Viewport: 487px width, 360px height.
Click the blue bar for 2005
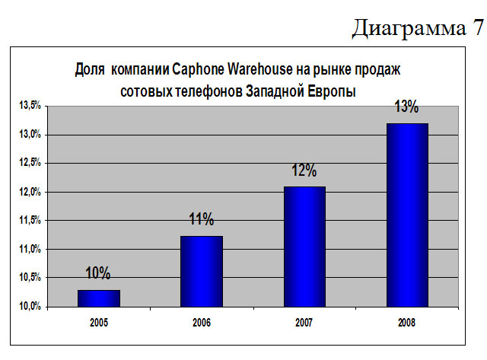point(98,298)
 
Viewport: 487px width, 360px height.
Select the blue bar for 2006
point(202,271)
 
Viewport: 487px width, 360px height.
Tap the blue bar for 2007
point(304,246)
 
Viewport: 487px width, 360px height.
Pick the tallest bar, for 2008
point(407,215)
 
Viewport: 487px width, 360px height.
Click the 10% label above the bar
point(98,273)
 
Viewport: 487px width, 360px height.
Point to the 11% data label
point(202,220)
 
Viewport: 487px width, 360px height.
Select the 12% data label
point(304,170)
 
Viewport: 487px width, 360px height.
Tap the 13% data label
point(406,107)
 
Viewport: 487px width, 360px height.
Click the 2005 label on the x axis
point(98,323)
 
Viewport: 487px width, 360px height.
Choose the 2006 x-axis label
point(202,323)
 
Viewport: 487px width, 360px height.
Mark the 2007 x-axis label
point(304,323)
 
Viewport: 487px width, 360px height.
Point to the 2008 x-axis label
point(407,323)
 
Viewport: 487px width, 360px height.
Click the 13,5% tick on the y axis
point(30,106)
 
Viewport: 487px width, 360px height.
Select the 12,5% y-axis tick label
point(30,163)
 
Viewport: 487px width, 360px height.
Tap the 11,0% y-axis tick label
point(30,249)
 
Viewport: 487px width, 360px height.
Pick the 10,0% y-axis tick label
point(30,306)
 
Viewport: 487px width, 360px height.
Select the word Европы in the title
point(336,90)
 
